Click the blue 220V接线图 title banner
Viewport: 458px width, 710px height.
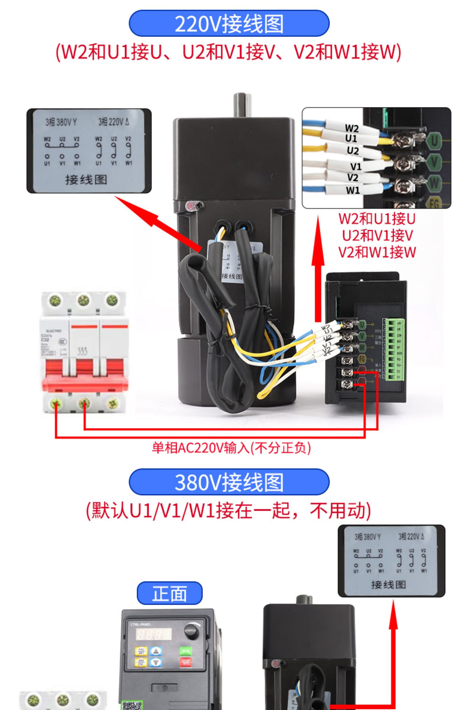coord(229,24)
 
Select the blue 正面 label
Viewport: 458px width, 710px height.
coord(169,594)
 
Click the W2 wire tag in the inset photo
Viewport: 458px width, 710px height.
coord(352,128)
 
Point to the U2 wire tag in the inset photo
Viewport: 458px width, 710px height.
coord(353,150)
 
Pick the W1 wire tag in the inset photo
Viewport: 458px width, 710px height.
coord(353,190)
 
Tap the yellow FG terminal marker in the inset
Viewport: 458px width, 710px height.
coord(434,202)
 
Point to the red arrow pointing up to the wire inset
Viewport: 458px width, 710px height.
coord(318,269)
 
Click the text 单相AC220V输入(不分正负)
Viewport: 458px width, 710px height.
coord(231,448)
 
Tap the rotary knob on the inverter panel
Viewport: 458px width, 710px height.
coord(191,632)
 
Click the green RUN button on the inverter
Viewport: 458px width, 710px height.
coord(186,651)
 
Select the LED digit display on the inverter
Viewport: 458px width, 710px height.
coord(153,634)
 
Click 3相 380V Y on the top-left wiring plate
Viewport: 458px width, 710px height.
coord(61,123)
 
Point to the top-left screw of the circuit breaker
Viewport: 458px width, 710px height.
coord(55,300)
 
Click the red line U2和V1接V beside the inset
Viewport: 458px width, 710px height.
coord(377,235)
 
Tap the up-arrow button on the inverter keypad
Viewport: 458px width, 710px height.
coord(156,651)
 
